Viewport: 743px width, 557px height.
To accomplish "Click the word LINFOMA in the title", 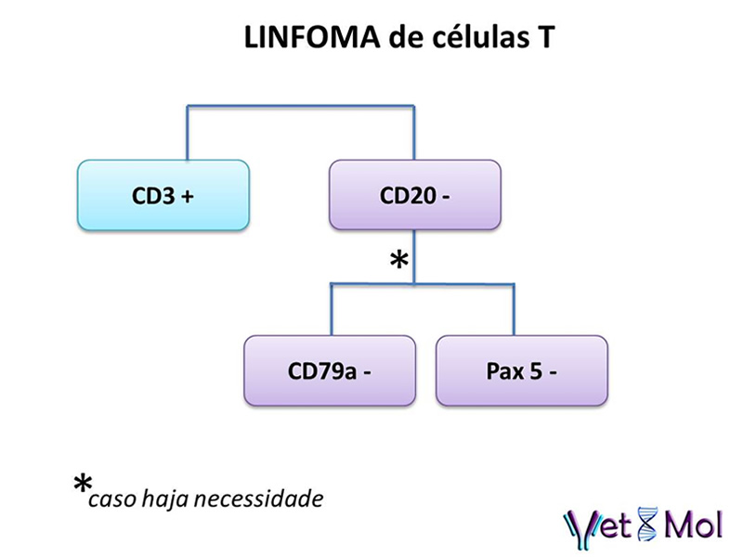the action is (312, 37).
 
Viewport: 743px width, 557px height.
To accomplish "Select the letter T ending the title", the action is (545, 37).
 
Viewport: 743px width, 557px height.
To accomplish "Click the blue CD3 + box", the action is (163, 195).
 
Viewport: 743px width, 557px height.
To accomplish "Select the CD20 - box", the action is (415, 195).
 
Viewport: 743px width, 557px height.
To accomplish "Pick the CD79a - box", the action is (330, 370).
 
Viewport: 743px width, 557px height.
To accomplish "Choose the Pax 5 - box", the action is (522, 370).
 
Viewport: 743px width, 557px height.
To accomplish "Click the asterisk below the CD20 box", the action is (399, 260).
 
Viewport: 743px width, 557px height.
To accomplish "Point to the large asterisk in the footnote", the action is (83, 484).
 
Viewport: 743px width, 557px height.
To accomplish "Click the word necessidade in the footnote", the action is (259, 499).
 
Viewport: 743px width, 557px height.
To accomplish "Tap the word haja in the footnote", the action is (165, 499).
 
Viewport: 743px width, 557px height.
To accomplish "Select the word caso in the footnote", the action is (112, 500).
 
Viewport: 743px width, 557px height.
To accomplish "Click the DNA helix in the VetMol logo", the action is (647, 525).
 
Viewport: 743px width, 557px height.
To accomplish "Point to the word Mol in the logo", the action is (694, 525).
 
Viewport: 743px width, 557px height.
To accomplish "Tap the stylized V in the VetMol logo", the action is (580, 529).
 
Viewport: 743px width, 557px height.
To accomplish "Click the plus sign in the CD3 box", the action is (188, 196).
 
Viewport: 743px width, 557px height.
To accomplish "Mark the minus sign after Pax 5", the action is (553, 373).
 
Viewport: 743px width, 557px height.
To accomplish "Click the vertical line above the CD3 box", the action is (188, 133).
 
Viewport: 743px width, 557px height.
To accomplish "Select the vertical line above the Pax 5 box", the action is (514, 310).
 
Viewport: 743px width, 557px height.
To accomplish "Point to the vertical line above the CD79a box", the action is (332, 310).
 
